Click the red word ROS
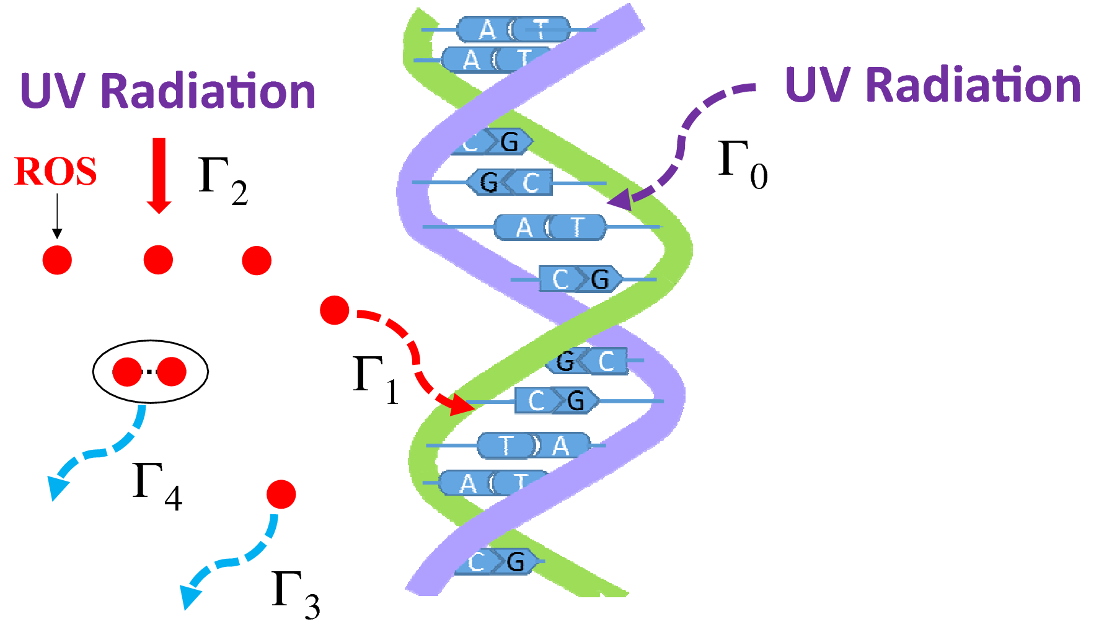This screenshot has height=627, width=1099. (x=55, y=172)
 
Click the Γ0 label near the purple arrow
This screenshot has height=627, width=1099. (x=742, y=164)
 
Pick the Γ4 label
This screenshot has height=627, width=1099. (x=157, y=486)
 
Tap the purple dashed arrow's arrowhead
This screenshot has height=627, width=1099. (x=620, y=199)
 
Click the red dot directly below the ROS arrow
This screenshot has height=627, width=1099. (x=57, y=260)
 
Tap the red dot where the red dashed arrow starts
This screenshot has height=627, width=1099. (x=335, y=310)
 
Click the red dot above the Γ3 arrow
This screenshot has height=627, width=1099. (x=281, y=494)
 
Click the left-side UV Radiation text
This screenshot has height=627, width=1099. (x=167, y=91)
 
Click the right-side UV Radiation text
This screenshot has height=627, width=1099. (x=932, y=85)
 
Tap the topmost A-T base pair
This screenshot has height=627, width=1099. (x=513, y=29)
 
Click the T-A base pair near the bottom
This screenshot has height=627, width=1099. (x=533, y=445)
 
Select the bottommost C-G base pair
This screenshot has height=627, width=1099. (x=496, y=562)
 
